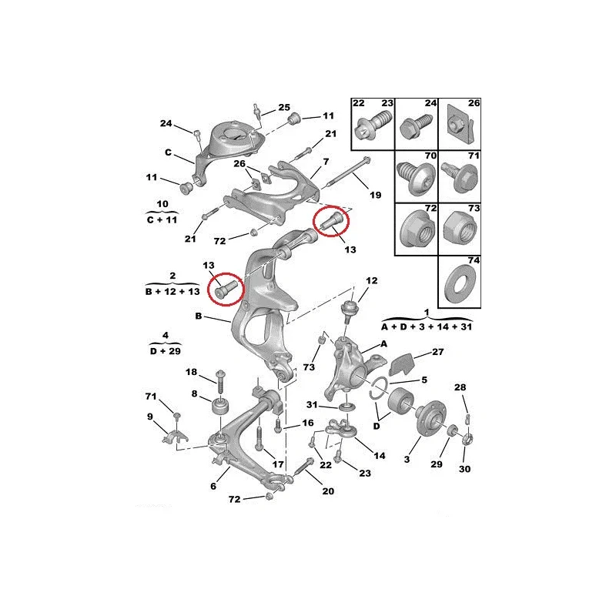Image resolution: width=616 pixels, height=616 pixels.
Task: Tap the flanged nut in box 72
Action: (x=417, y=229)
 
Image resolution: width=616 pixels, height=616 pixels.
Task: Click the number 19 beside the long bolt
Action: (x=375, y=195)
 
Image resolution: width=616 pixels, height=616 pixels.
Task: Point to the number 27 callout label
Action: (x=437, y=352)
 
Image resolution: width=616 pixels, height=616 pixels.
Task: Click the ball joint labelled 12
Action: (x=349, y=310)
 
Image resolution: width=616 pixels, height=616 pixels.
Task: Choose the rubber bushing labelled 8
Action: (x=220, y=406)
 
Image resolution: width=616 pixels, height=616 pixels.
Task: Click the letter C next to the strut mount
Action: (x=168, y=152)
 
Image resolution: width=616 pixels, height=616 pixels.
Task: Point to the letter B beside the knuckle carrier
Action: (x=199, y=316)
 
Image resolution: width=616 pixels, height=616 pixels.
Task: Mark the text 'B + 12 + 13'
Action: (x=172, y=292)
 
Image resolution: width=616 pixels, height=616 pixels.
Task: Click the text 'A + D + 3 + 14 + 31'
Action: (x=427, y=326)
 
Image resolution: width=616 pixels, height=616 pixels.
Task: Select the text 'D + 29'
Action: (x=166, y=351)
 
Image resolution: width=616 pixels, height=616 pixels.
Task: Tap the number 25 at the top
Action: (x=284, y=107)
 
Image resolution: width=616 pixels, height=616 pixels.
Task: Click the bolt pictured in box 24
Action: (x=416, y=126)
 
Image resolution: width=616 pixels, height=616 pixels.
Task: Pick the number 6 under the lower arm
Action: (x=213, y=487)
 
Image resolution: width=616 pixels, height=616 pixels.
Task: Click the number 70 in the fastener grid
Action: (x=430, y=156)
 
